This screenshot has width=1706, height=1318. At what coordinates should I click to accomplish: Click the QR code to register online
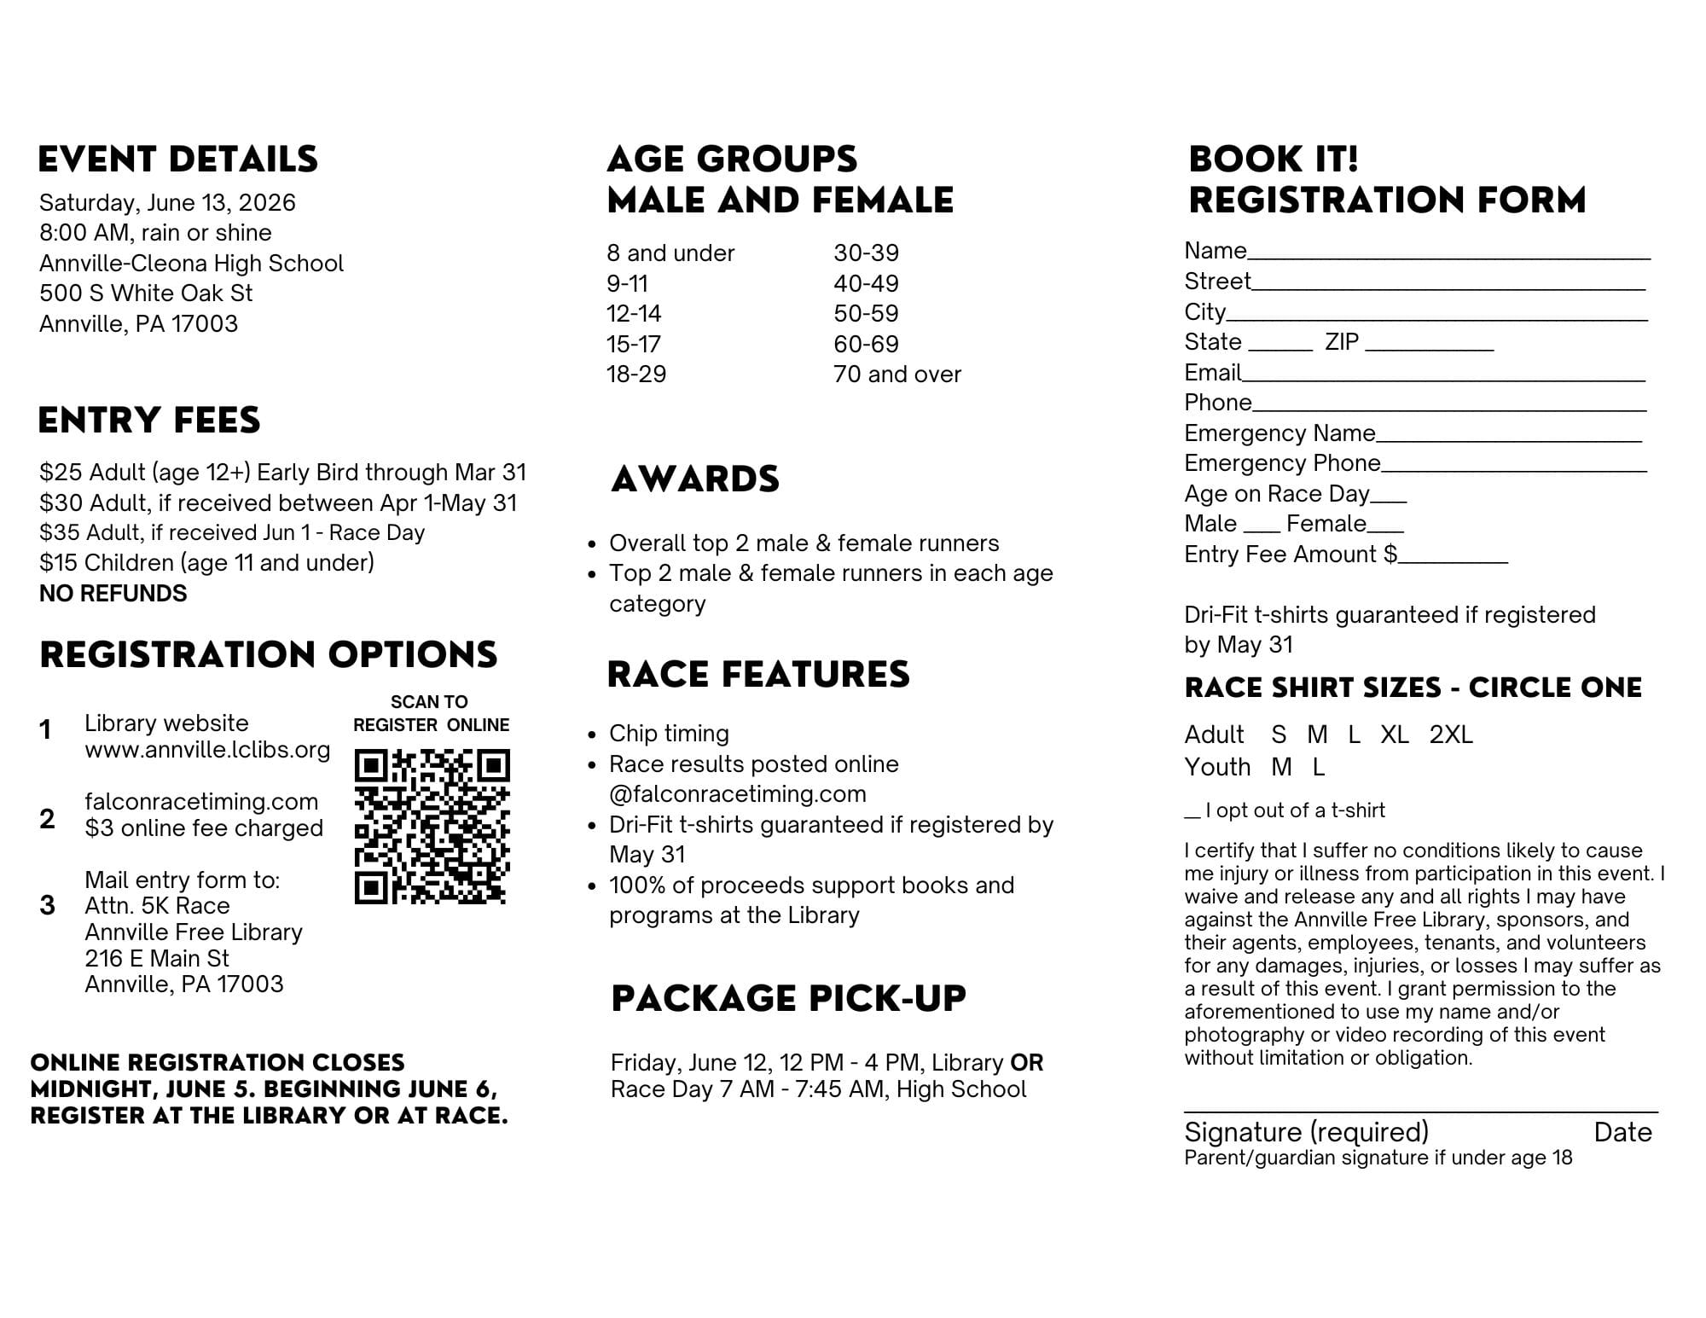tap(432, 826)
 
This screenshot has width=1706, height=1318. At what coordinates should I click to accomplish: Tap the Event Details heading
tap(177, 160)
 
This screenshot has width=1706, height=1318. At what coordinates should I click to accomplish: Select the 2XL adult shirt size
tap(1451, 734)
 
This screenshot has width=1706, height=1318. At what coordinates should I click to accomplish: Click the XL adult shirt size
tap(1395, 734)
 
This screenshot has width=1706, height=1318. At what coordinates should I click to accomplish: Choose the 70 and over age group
tap(897, 374)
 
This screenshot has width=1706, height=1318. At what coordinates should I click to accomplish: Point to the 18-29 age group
tap(636, 374)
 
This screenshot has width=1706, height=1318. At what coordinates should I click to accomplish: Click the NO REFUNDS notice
tap(113, 594)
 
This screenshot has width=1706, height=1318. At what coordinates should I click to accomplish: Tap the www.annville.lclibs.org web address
tap(207, 750)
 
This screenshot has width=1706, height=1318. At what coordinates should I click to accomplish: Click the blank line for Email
tap(1443, 379)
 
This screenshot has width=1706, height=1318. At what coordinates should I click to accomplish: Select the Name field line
tap(1448, 256)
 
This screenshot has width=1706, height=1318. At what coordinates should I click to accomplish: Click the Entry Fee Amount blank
tap(1454, 561)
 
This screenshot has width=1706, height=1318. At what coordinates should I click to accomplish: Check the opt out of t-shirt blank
tap(1192, 816)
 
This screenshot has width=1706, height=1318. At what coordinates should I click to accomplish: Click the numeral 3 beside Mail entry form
tap(48, 905)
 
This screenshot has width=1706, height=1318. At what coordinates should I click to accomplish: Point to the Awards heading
tap(695, 479)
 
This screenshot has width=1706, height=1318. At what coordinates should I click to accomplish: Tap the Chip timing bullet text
tap(669, 734)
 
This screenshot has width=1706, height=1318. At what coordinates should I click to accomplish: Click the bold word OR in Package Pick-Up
tap(1026, 1063)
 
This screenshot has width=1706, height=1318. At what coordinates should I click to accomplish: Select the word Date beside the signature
tap(1622, 1132)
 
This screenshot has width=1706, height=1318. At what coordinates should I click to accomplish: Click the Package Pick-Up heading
tap(788, 998)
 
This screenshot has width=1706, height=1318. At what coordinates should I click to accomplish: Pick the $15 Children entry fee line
tap(206, 563)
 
